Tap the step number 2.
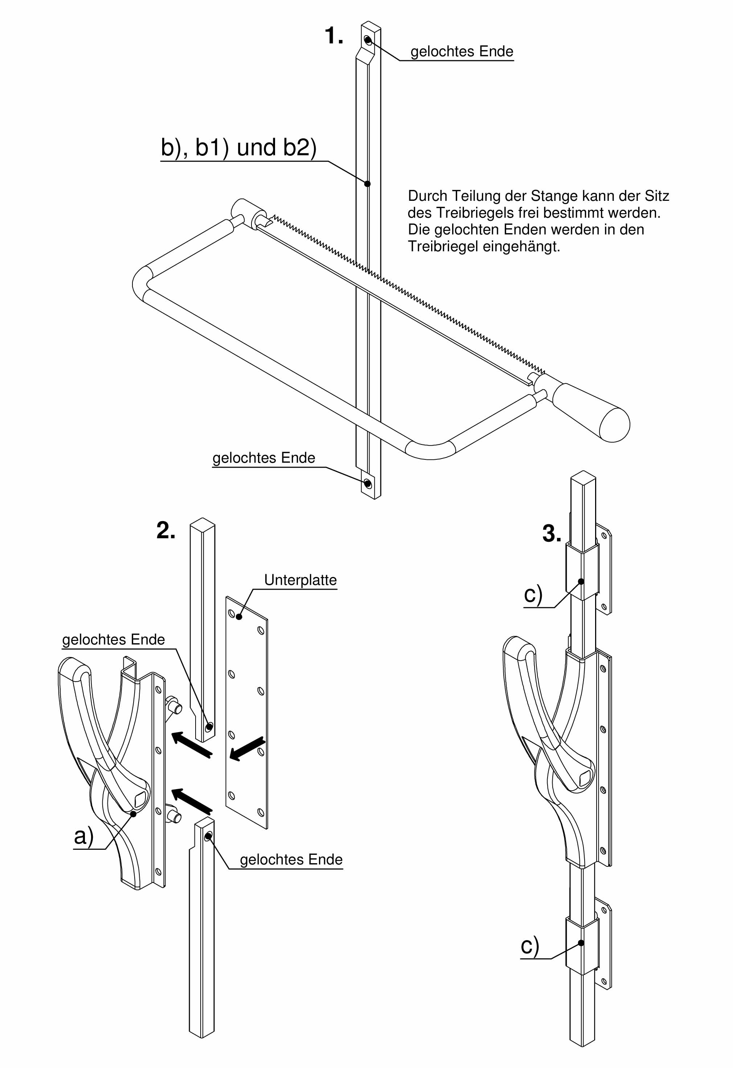(166, 531)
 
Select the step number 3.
(551, 534)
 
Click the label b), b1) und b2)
(238, 147)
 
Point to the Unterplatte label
(300, 580)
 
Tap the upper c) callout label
(533, 594)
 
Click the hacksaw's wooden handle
(593, 412)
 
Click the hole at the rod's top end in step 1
(368, 40)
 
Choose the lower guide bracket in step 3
(582, 945)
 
